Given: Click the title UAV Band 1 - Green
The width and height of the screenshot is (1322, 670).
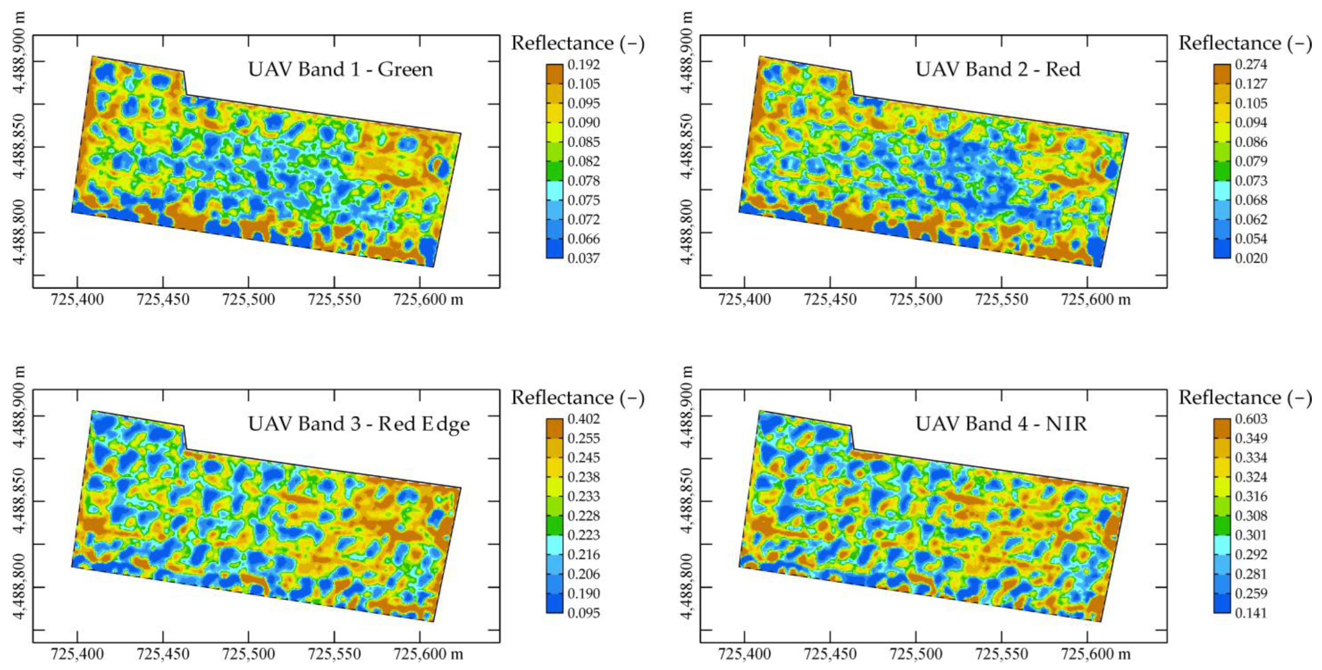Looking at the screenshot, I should [340, 69].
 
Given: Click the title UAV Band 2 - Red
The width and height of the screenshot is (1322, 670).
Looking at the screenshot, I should [998, 69].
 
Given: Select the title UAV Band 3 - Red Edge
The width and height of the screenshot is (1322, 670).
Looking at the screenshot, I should [359, 424].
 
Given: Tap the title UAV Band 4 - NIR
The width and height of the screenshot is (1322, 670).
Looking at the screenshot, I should [1001, 424].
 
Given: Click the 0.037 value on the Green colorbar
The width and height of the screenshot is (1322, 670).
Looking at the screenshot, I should [583, 258].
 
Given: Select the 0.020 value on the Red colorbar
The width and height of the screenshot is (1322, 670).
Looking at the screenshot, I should [1251, 258].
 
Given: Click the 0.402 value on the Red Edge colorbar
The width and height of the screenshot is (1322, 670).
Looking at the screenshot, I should [583, 419].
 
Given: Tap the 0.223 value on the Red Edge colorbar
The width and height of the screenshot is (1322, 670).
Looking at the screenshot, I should [583, 535].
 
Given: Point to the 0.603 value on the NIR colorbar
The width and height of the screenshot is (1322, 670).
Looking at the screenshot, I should [1251, 419].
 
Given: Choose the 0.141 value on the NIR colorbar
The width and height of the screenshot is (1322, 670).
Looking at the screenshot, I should [1251, 612].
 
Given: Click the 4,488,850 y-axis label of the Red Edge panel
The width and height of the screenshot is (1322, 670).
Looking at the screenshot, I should [19, 501].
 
